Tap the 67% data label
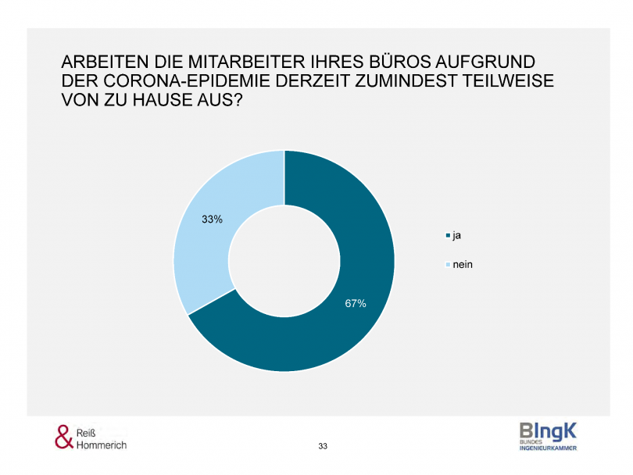(x=356, y=303)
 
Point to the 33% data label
(x=212, y=220)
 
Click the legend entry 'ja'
(x=457, y=234)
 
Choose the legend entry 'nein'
(x=463, y=265)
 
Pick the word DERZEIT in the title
(x=310, y=82)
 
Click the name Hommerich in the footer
(x=102, y=445)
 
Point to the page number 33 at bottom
(x=323, y=446)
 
